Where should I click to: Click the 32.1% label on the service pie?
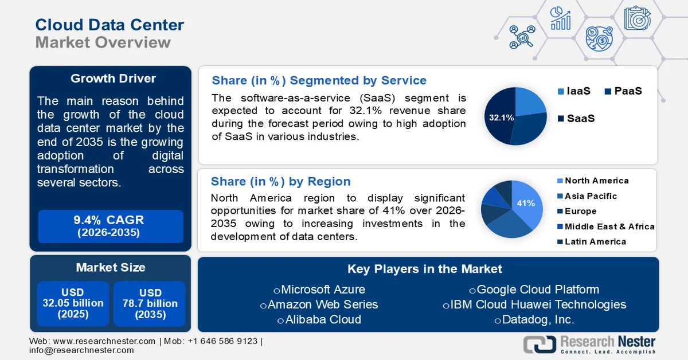pos(501,118)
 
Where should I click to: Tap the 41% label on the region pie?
pos(526,203)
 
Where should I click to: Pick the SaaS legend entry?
pos(576,119)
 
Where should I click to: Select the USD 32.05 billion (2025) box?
pos(73,303)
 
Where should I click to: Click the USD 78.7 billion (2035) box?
pos(150,303)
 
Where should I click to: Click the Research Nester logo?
pos(590,344)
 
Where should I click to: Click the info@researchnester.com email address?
pos(81,350)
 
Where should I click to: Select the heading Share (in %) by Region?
pos(280,182)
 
